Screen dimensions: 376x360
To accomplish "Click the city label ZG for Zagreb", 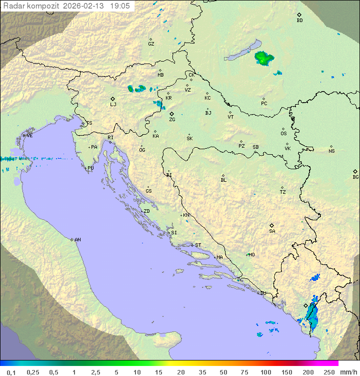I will click(x=172, y=120).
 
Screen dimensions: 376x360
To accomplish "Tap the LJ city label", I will click(x=113, y=105).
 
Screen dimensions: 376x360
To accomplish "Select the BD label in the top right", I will click(x=299, y=21).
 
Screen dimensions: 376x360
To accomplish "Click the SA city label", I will click(x=272, y=231).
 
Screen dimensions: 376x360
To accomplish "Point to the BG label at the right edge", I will click(x=355, y=177).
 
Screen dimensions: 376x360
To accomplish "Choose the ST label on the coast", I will click(x=198, y=245).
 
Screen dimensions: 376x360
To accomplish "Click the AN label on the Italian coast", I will click(x=77, y=240).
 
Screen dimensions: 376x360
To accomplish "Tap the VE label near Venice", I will click(x=29, y=136).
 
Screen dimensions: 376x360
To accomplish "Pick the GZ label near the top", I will click(x=151, y=44).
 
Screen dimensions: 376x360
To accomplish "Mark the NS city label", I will click(x=331, y=151).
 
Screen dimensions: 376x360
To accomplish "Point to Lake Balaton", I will click(x=242, y=52).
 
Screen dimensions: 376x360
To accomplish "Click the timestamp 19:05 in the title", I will click(x=120, y=6).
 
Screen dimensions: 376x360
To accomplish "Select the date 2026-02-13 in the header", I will click(x=84, y=6).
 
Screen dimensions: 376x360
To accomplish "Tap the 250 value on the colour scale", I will click(x=328, y=372).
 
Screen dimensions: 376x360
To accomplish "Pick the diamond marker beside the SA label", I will click(x=272, y=225).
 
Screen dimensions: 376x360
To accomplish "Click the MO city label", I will click(x=251, y=255).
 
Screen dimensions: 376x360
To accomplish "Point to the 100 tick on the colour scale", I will click(x=265, y=372).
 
